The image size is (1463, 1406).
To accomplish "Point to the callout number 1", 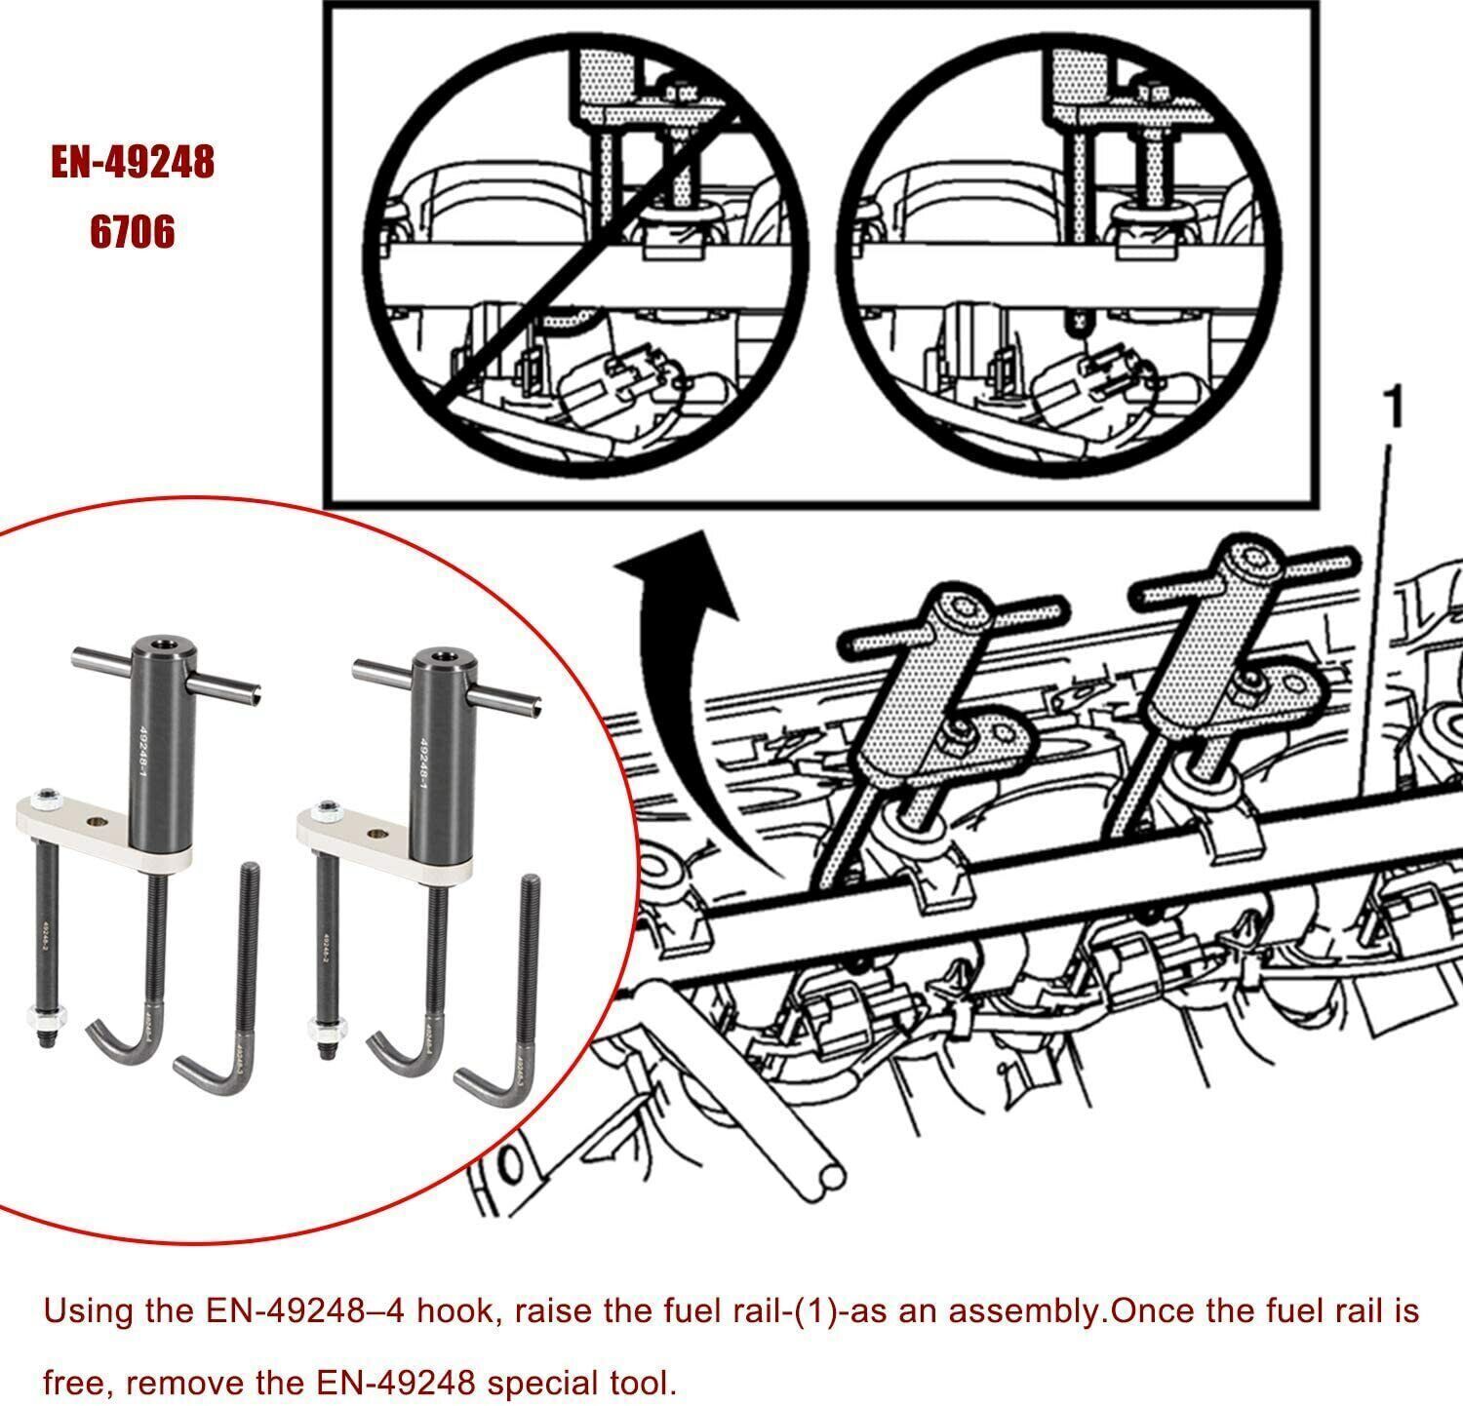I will click(x=1394, y=410).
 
